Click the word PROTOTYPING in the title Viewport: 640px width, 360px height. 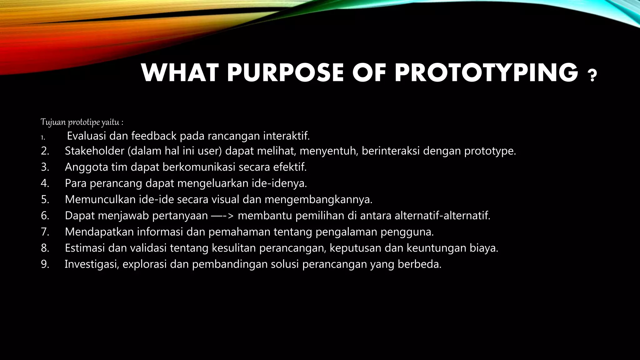coord(486,73)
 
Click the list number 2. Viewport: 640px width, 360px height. coord(45,151)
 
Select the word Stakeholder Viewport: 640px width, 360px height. coord(94,151)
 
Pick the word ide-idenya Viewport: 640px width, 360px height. coord(279,183)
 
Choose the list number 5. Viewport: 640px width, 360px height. coord(45,199)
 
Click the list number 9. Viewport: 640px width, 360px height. coord(45,264)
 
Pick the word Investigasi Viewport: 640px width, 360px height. coord(92,264)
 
